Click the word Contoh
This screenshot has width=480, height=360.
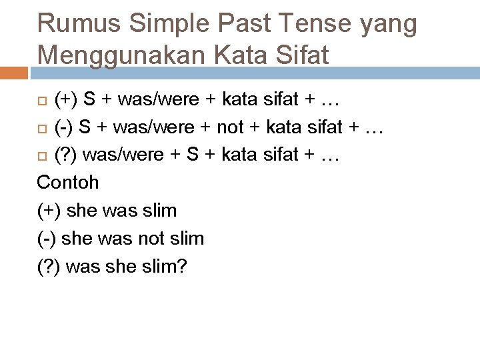coord(68,182)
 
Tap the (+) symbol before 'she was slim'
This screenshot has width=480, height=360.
coord(47,211)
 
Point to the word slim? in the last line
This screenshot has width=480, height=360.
coord(164,267)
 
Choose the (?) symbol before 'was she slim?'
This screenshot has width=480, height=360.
coord(49,267)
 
